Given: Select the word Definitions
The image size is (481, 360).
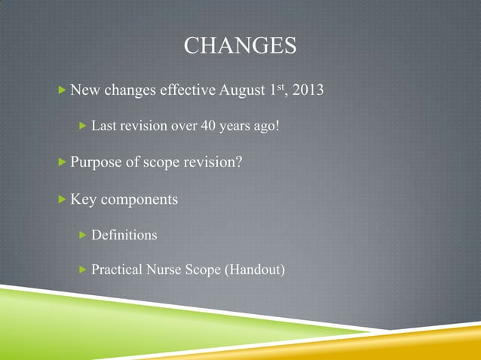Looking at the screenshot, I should (x=124, y=235).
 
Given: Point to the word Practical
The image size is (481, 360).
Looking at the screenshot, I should (x=118, y=270).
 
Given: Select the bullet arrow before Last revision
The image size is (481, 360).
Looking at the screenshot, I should (x=83, y=126).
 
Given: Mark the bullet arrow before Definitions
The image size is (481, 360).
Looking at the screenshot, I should (x=83, y=235).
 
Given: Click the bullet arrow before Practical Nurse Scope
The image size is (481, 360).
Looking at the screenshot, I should (x=83, y=270).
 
